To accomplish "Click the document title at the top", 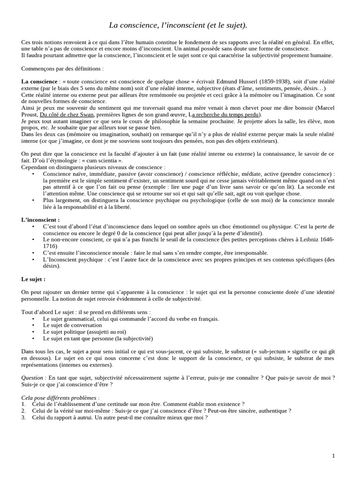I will click(178, 24).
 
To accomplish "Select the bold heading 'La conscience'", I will click(38, 82).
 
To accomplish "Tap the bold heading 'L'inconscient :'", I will click(40, 219).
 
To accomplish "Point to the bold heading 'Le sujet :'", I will click(33, 279).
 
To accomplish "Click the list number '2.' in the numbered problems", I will click(24, 411).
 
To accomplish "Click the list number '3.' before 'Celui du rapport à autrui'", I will click(24, 417).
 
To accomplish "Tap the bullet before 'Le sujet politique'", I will click(33, 331).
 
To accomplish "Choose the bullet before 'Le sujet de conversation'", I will click(33, 325).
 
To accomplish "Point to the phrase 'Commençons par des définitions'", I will click(62, 68).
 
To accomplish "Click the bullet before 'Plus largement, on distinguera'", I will click(33, 200).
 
